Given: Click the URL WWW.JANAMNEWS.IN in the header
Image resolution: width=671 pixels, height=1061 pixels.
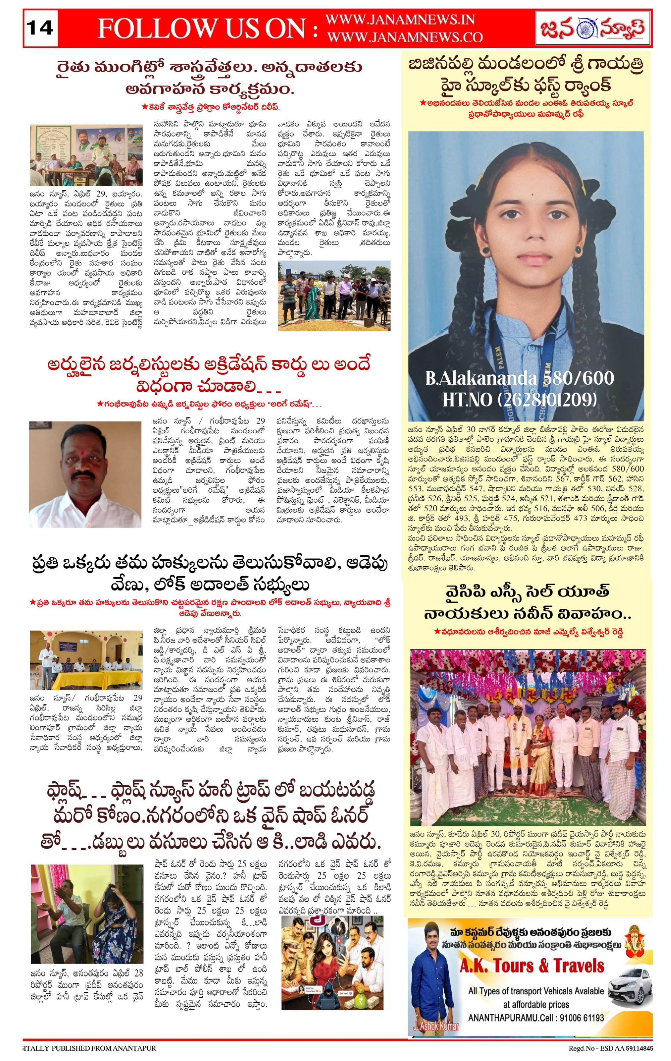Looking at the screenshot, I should point(400,20).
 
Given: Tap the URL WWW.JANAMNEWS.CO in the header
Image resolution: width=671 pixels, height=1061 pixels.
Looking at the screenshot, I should point(405,37).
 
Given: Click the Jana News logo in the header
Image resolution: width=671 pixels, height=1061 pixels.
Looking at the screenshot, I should point(592,29).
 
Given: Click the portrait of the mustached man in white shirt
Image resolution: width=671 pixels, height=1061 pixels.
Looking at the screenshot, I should point(85,474).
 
